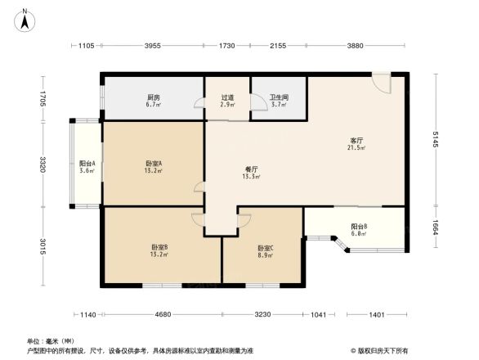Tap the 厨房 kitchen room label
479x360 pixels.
[153, 96]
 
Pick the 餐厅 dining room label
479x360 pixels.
[250, 169]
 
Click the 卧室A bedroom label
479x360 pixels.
[153, 164]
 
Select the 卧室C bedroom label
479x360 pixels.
[265, 249]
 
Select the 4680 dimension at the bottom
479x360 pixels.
[162, 315]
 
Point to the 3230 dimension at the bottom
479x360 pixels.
[263, 315]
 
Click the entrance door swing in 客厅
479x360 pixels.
[382, 83]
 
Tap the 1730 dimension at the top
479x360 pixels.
[226, 46]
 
